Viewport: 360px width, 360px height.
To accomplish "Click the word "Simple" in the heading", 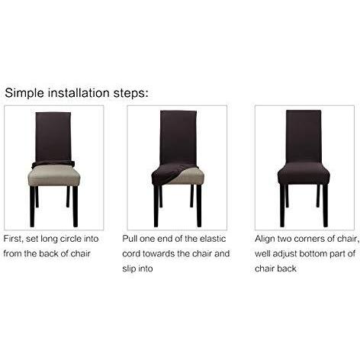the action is tap(24, 93).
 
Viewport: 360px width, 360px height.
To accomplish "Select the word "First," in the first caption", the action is tap(13, 239).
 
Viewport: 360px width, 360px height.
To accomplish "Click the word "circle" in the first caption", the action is tap(70, 239).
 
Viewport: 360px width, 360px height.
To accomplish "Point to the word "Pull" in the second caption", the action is tap(130, 239).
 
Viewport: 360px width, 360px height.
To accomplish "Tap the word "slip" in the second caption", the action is tap(129, 268).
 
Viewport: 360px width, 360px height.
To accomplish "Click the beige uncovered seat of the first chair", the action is tap(54, 175).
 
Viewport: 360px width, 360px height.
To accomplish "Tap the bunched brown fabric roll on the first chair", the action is tap(53, 164).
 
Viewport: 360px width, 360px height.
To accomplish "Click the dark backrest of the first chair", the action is tap(53, 138).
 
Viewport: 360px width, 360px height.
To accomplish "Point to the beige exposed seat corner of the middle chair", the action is tap(189, 177).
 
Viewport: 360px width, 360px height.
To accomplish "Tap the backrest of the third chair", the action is tap(304, 137).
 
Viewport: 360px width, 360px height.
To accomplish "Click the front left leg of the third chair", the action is tap(282, 206).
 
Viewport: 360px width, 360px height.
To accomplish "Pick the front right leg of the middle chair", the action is tap(199, 206).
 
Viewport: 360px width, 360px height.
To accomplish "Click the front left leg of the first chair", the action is tap(32, 207).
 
